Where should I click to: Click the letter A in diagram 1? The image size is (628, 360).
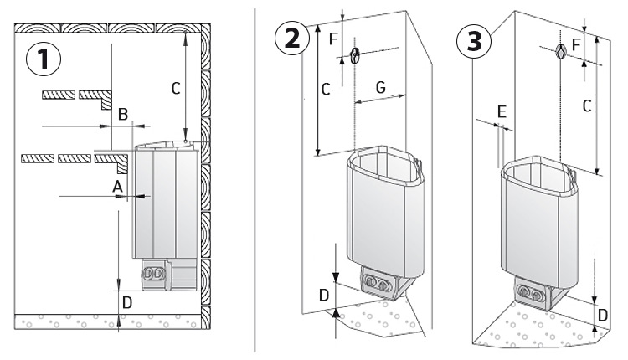(117, 184)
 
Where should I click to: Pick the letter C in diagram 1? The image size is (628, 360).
(174, 86)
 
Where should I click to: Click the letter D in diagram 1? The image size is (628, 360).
(126, 301)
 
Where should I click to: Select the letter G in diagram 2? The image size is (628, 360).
(380, 86)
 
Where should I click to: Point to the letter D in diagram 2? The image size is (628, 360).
(325, 294)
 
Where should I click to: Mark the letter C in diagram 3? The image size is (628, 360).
(586, 105)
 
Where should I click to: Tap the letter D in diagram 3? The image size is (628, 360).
(603, 316)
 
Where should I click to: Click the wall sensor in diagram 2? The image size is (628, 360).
(355, 57)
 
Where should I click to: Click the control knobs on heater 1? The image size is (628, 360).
(157, 272)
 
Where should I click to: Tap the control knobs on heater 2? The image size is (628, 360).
(375, 285)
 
